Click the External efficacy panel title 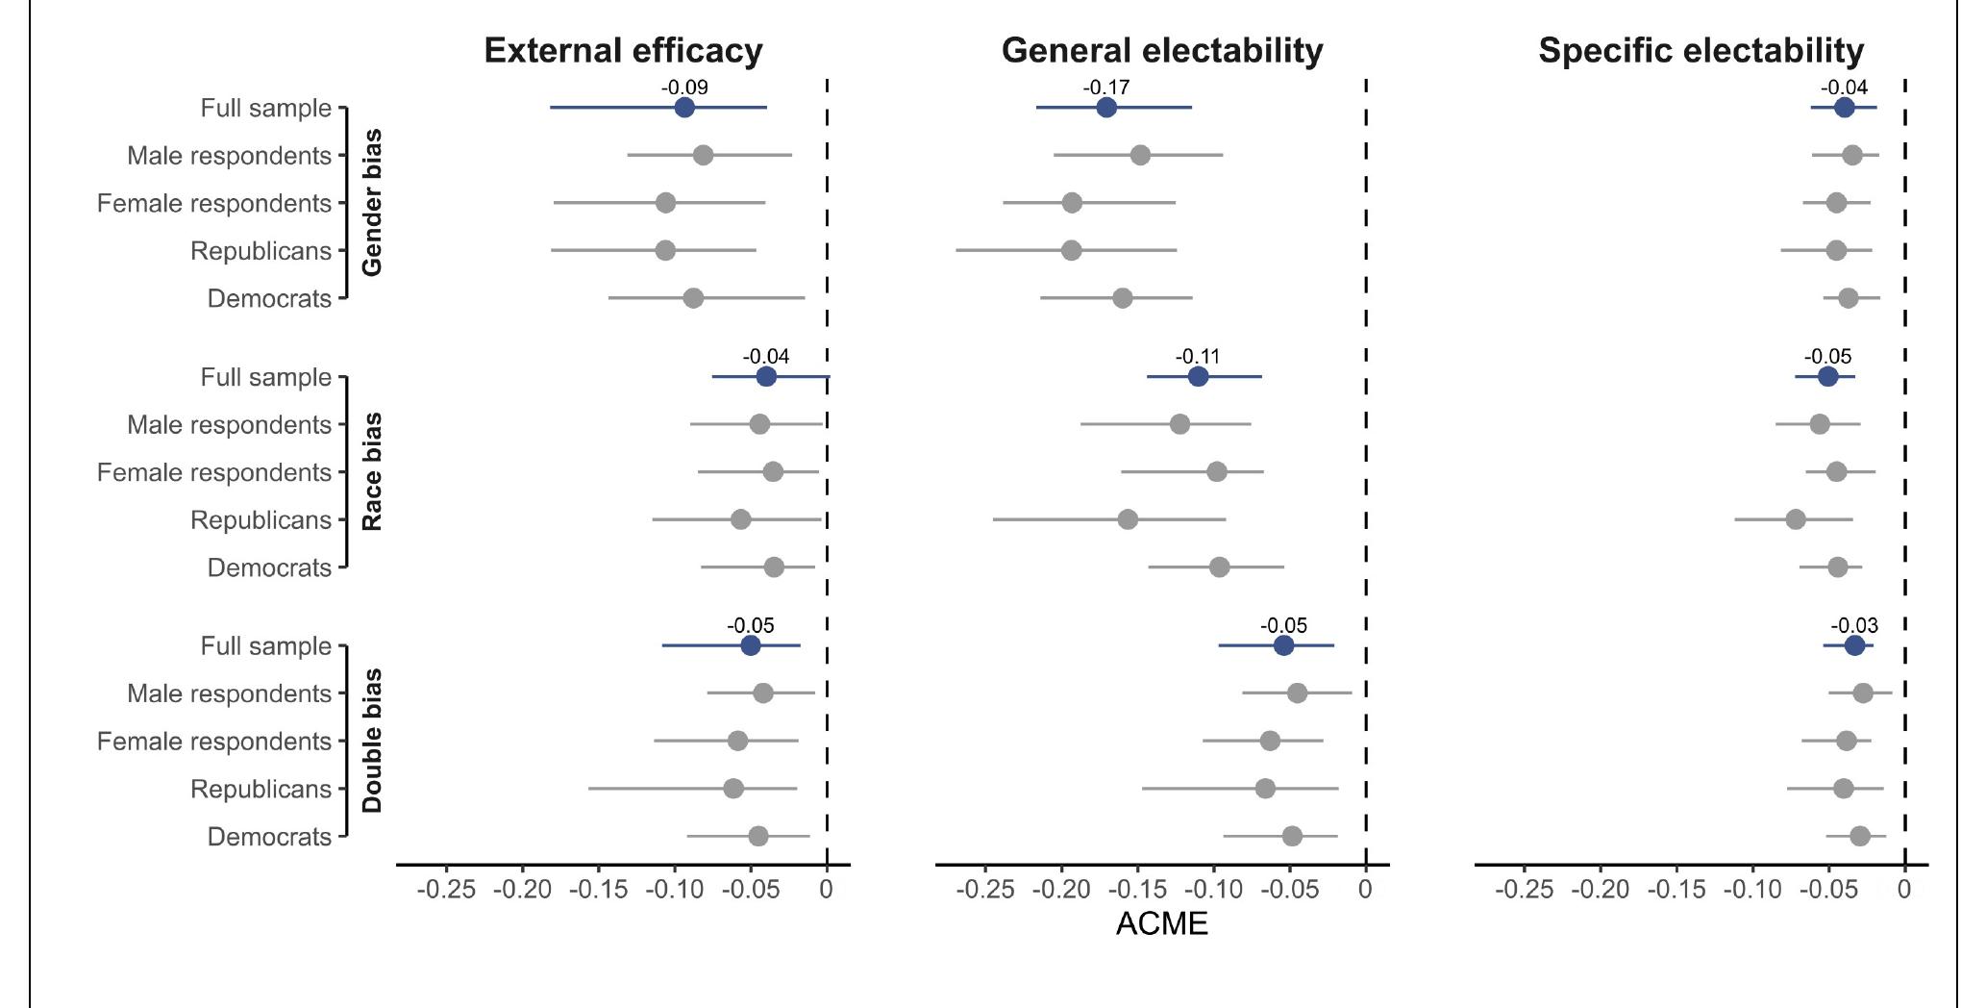(623, 50)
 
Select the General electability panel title (1161, 50)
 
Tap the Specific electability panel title (1701, 50)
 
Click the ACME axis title (1161, 923)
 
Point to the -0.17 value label (1106, 88)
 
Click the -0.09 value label (684, 88)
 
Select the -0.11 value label (1198, 357)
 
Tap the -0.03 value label (1853, 626)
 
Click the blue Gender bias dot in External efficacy (684, 108)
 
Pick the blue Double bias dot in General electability (1283, 645)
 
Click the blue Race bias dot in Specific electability (1827, 377)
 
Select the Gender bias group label (372, 203)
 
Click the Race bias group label (372, 472)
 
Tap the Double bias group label (372, 741)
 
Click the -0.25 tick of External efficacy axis (445, 889)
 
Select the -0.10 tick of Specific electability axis (1752, 889)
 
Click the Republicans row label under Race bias (261, 520)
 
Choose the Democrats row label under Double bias (269, 837)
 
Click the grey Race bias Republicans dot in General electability (1128, 520)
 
